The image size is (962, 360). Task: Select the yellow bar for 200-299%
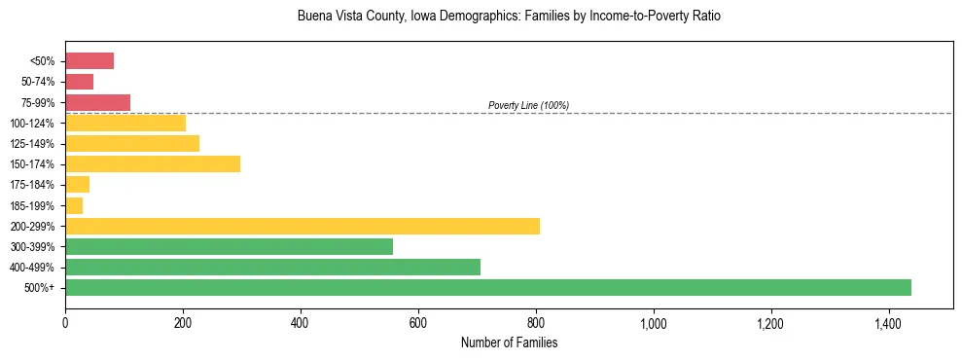tap(303, 227)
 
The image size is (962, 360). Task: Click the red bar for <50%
tap(89, 61)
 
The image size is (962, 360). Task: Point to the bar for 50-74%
tap(79, 82)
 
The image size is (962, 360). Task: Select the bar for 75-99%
tap(97, 102)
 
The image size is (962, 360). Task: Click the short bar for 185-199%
tap(74, 206)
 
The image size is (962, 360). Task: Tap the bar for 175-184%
tap(77, 185)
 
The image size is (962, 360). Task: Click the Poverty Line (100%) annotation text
tap(528, 105)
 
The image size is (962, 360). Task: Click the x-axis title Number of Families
tap(509, 343)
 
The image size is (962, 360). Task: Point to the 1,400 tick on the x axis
tap(888, 322)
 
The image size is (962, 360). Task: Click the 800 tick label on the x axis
tap(535, 322)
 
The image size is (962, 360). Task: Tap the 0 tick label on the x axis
tap(65, 322)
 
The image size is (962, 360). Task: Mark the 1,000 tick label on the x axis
tap(653, 322)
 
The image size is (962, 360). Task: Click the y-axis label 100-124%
tap(32, 124)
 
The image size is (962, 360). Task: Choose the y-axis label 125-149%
tap(32, 144)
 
